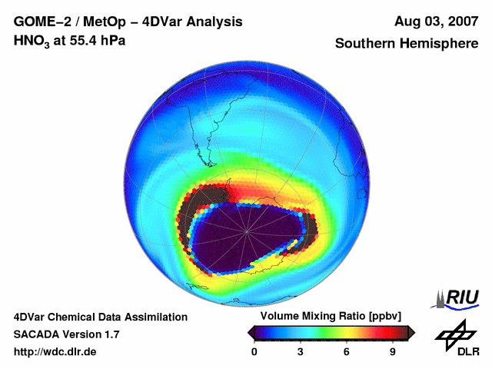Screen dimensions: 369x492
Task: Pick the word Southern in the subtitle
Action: coord(365,44)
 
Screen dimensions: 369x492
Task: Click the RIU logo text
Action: coord(461,297)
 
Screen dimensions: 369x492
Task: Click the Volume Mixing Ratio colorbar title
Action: coord(328,316)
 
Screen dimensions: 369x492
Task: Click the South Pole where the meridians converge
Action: coord(248,231)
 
